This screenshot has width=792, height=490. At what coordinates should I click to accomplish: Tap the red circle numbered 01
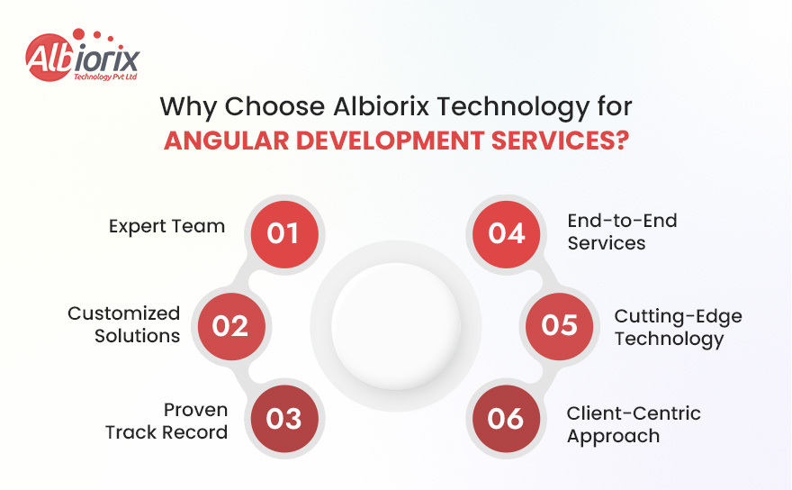point(283,233)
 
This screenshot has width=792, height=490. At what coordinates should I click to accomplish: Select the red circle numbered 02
point(230,325)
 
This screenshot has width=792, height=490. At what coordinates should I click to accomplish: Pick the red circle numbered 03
point(283,420)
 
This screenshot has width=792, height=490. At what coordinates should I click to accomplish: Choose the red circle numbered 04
point(507,233)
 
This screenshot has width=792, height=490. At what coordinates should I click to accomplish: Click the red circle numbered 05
point(560,325)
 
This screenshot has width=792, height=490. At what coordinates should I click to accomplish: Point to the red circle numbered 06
point(507,420)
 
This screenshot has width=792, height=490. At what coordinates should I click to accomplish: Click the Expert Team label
point(166,226)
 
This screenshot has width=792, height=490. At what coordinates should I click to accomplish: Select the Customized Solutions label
point(124,324)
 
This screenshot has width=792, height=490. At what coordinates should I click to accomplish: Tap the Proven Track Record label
point(167,421)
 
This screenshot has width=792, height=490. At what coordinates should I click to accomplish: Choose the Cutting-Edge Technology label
point(678,327)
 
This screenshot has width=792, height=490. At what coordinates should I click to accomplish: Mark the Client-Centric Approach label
point(633,424)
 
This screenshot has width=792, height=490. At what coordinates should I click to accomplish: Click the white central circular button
point(396,326)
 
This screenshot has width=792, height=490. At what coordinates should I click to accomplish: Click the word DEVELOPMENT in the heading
point(388,141)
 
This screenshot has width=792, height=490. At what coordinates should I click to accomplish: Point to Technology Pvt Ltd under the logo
point(103,77)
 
